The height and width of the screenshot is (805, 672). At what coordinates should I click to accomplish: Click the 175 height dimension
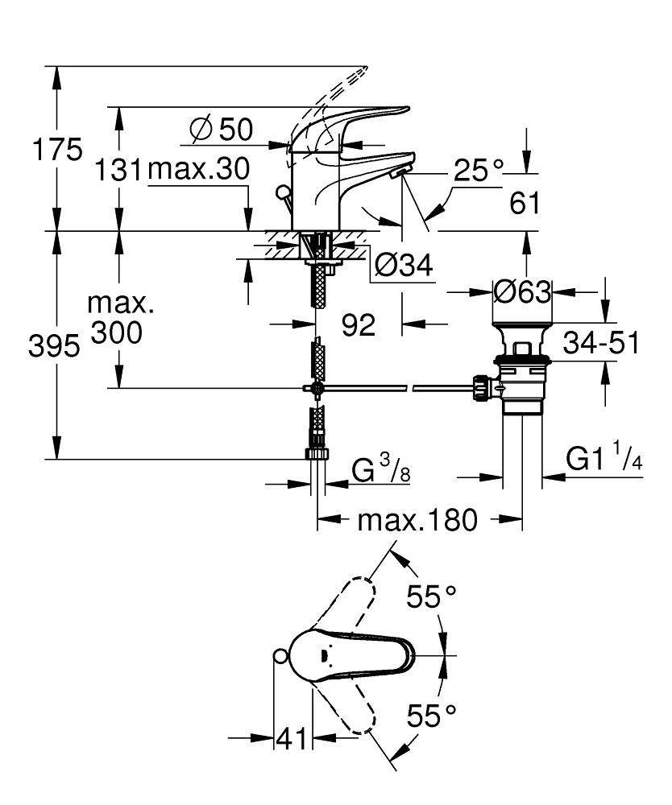point(56,151)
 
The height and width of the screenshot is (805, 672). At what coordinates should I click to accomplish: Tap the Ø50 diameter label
point(221,129)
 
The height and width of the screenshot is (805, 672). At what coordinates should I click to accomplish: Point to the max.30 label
point(197,170)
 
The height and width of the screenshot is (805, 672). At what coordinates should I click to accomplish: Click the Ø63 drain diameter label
point(522,291)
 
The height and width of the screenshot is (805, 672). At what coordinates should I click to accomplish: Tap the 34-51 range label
point(601,343)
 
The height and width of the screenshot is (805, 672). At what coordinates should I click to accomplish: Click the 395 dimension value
point(55,346)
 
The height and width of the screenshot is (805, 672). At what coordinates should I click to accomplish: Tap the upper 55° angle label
point(431,597)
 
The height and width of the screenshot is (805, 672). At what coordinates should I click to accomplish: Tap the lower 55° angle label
point(431,713)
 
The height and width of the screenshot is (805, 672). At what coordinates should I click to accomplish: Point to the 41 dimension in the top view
point(292,737)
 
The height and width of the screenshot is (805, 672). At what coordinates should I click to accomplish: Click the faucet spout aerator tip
point(396,172)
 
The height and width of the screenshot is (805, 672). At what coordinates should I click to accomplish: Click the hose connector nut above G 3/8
point(317,454)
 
